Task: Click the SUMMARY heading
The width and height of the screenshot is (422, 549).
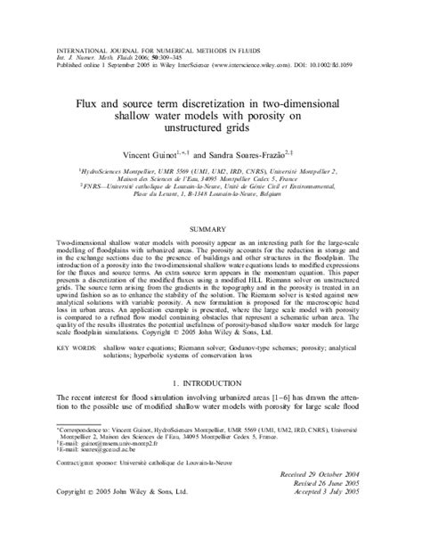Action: (x=210, y=229)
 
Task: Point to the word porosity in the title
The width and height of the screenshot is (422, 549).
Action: (x=292, y=115)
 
